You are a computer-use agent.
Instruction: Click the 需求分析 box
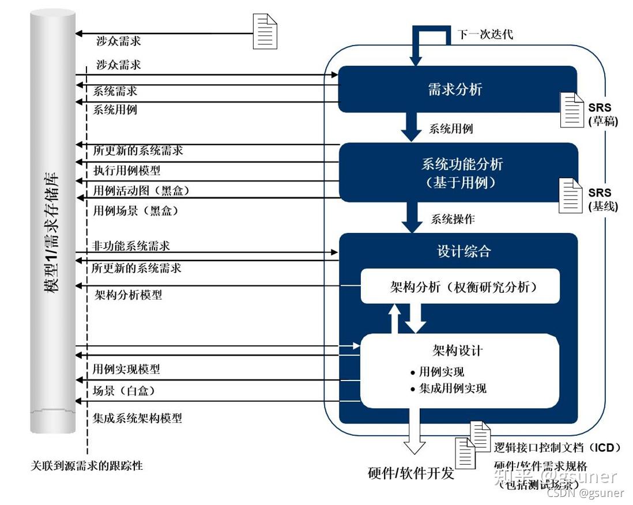pos(455,89)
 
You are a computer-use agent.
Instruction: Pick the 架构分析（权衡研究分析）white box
pos(459,287)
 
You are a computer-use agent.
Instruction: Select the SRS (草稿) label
pos(600,114)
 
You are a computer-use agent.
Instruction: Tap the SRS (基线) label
pos(600,199)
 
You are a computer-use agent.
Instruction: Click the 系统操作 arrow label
pos(453,219)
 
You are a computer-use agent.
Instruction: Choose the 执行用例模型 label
pos(127,171)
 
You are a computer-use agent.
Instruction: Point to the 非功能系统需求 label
pos(131,246)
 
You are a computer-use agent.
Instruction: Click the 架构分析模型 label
pos(128,295)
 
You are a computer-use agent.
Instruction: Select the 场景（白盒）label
pos(123,391)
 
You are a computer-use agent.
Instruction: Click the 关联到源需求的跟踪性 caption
pos(86,465)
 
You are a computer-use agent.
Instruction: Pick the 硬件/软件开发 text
pos(411,473)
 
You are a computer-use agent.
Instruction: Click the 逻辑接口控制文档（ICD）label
pos(557,447)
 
